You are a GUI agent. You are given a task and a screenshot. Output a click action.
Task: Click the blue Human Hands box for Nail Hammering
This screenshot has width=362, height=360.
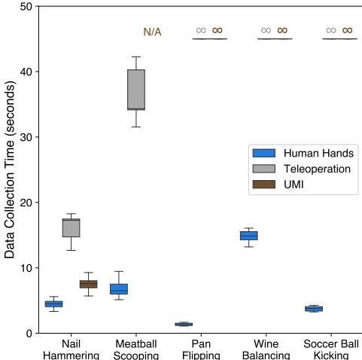[53, 304]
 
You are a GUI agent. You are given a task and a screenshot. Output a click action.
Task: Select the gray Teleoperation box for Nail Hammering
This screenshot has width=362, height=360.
[71, 227]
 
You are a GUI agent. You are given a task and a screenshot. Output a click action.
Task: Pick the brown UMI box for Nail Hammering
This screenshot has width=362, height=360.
[88, 284]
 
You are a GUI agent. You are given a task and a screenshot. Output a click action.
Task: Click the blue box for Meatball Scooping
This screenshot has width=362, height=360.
[119, 288]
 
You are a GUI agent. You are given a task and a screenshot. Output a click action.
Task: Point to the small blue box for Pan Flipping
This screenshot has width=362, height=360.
[184, 324]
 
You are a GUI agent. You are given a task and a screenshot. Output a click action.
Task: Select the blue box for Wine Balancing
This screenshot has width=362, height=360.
[248, 236]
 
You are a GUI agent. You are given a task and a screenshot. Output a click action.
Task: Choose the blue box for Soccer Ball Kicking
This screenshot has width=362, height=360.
[313, 309]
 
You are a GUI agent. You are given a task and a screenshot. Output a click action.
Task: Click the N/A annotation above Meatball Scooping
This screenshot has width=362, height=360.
[152, 32]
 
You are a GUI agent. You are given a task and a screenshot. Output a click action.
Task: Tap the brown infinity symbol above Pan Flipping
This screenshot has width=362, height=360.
[218, 31]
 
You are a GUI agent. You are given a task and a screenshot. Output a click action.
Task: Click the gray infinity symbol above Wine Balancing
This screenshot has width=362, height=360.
[266, 31]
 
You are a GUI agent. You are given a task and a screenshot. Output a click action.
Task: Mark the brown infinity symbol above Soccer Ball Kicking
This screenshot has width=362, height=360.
[347, 31]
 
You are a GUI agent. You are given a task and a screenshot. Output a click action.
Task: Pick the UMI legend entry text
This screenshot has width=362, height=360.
[294, 185]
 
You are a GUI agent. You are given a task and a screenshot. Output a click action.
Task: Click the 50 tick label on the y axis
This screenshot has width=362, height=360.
[26, 7]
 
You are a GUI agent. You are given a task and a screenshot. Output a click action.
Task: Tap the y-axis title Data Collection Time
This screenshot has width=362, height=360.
[11, 169]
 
